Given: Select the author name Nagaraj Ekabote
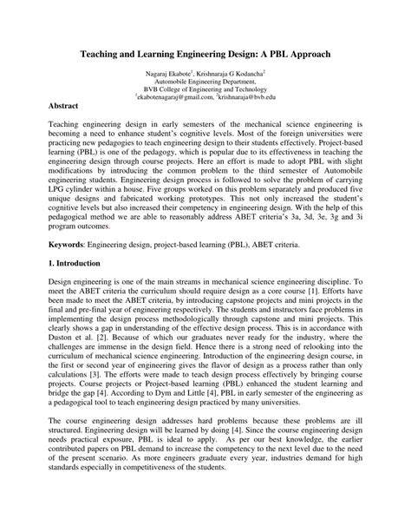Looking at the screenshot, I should (167, 76).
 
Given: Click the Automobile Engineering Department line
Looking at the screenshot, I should (205, 84).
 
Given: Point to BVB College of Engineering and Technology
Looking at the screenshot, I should (205, 92).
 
